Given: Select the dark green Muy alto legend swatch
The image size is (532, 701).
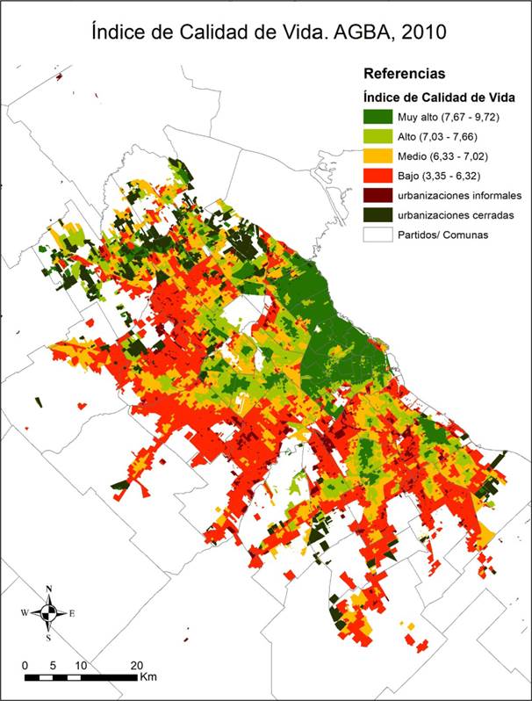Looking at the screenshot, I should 379,117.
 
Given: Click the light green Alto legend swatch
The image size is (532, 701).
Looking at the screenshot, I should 379,136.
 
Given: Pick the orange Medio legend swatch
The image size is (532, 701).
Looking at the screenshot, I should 379,155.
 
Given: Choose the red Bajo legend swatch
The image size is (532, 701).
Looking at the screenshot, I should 379,175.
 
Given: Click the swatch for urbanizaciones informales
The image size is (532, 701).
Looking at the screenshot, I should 379,195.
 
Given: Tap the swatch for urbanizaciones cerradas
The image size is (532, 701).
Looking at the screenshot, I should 379,214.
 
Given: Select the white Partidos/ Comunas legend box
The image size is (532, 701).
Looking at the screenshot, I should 379,235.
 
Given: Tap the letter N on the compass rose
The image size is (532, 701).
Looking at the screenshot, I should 49,589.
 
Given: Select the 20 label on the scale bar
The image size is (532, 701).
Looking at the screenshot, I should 136,664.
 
